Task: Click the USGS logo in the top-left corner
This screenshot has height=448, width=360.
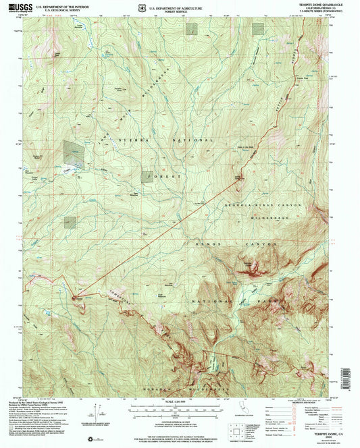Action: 20,9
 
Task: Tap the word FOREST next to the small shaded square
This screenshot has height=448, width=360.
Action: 170,177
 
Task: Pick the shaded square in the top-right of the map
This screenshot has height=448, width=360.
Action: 258,28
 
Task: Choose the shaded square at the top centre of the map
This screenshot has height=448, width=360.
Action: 192,28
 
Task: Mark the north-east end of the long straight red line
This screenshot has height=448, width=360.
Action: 238,177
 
